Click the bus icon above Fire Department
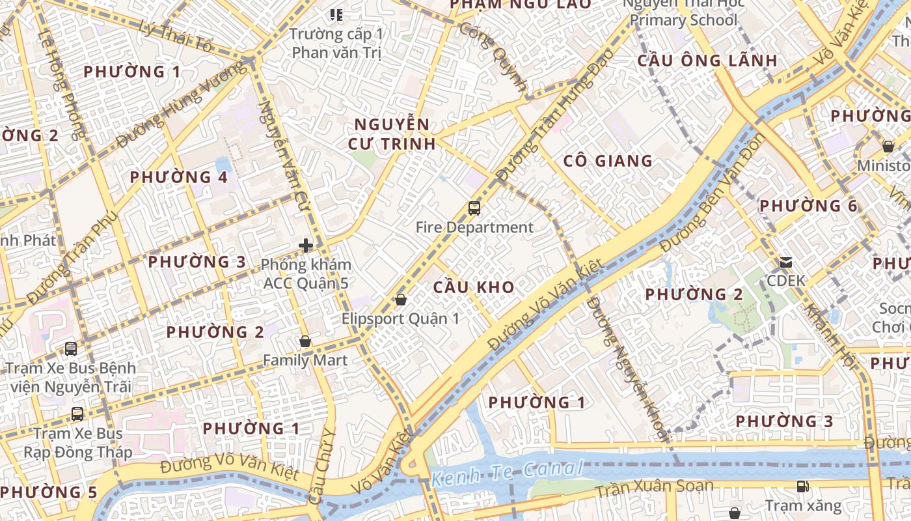[474, 208]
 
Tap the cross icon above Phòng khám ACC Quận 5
[306, 246]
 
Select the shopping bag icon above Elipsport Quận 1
[401, 300]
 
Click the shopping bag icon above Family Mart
[305, 341]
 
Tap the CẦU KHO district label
[474, 287]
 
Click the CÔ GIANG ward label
[607, 161]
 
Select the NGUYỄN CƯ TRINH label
[392, 134]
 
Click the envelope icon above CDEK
[786, 262]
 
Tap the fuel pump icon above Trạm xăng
[803, 486]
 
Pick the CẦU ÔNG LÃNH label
[707, 61]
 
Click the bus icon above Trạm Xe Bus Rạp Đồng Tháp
[77, 414]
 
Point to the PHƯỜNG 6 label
[808, 206]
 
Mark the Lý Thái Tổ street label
[176, 36]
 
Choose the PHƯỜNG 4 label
[178, 177]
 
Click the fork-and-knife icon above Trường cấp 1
[336, 14]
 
